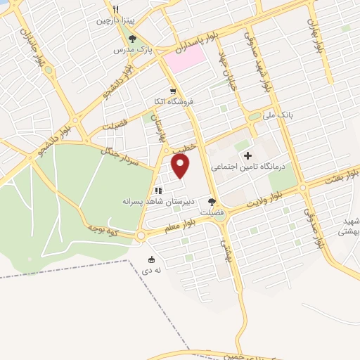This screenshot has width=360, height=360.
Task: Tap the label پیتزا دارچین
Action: [115, 21]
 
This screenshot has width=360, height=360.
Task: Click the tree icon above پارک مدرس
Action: [134, 39]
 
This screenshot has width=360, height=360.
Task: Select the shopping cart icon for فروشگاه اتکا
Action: [173, 90]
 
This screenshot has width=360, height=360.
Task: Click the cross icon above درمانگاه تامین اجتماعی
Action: [247, 155]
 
